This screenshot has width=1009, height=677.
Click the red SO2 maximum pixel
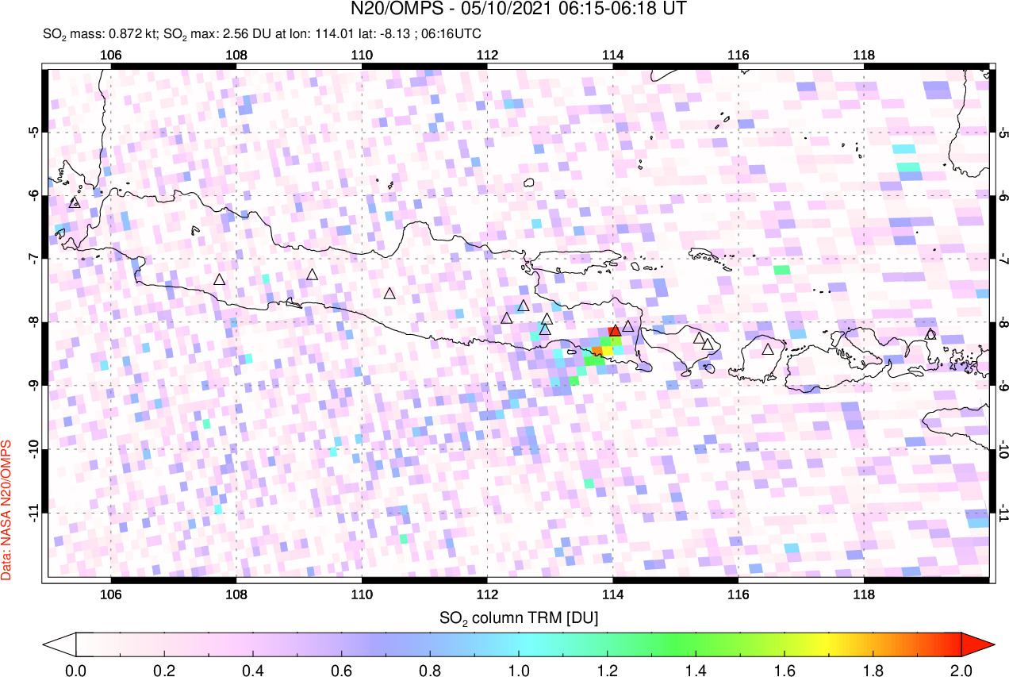(x=613, y=330)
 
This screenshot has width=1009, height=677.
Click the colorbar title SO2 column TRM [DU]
(x=519, y=617)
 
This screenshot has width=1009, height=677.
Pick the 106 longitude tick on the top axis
(x=111, y=55)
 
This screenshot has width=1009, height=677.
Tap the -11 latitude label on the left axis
(x=33, y=513)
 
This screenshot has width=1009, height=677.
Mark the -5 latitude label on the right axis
(x=1003, y=132)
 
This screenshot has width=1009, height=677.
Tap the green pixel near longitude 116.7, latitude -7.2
(x=782, y=270)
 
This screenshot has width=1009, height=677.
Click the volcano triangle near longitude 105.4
(x=75, y=202)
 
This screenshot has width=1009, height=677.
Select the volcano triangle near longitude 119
(x=930, y=334)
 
